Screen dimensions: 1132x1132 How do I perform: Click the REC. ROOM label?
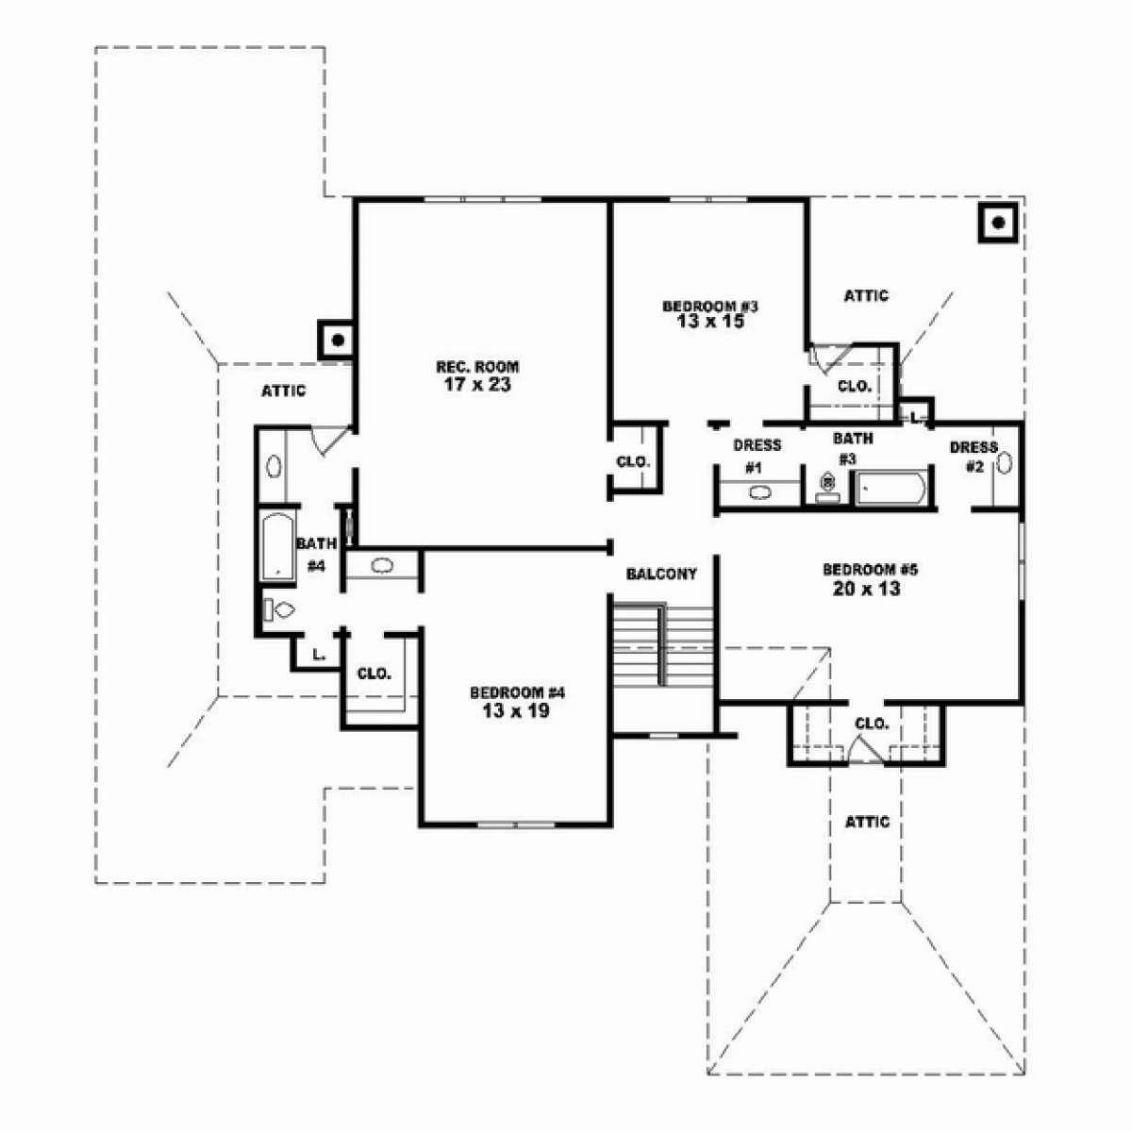coord(477,367)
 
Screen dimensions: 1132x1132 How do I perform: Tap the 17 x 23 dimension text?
coord(477,385)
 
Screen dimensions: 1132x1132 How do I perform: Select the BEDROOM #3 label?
coord(710,306)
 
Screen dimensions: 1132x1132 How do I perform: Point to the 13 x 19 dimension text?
coord(516,711)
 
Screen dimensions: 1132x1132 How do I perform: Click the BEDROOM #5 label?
coord(870,569)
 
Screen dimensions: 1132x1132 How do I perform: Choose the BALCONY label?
coord(661,574)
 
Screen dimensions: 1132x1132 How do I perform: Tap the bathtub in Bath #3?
coord(891,488)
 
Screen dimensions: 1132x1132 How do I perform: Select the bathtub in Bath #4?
coord(278,547)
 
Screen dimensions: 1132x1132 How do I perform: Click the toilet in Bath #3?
coord(827,488)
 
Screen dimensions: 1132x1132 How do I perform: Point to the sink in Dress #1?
coord(759,492)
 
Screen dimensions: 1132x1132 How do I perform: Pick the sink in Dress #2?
coord(1004,463)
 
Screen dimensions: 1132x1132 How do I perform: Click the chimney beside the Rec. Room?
coord(336,340)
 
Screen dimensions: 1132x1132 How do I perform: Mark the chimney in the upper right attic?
coord(998,223)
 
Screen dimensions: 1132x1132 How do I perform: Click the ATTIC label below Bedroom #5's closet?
coord(867,822)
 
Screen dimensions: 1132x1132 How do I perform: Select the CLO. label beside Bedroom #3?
coord(854,387)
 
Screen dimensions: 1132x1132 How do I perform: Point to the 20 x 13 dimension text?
coord(867,588)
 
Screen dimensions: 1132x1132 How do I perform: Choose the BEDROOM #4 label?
coord(517,693)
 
